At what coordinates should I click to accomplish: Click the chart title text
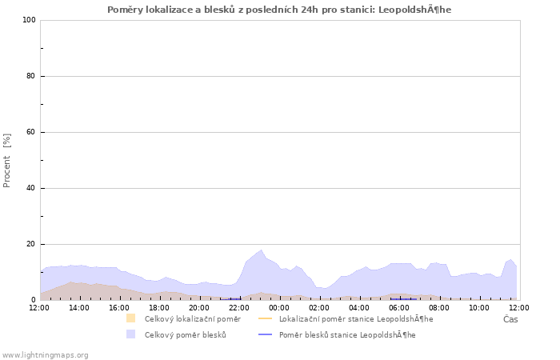pos(279,10)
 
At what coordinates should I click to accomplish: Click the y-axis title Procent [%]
pos(7,160)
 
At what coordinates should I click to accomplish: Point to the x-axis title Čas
pos(510,319)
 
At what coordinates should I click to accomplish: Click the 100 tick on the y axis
pos(30,20)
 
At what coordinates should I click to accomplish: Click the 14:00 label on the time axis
pos(79,307)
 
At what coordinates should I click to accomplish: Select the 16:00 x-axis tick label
pos(119,307)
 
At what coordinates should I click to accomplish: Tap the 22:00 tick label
pos(239,307)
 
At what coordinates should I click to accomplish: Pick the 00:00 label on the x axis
pos(279,307)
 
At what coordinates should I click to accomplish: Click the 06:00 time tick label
pos(399,307)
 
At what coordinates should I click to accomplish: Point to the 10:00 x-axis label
pos(479,307)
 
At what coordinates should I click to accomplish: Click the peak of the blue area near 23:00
pos(261,250)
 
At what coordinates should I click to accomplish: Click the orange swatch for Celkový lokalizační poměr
pos(130,318)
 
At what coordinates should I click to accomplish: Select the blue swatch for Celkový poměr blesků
pos(130,334)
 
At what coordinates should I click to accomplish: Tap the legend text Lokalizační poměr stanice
pos(356,318)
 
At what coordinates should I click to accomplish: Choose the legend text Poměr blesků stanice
pos(346,334)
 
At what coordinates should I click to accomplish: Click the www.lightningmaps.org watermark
pos(45,354)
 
